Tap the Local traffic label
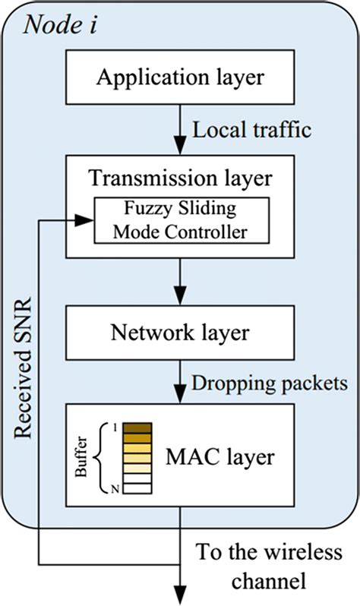tap(252, 130)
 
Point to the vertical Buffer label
tap(84, 457)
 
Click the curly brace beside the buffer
tap(102, 457)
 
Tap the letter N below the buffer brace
tap(115, 490)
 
